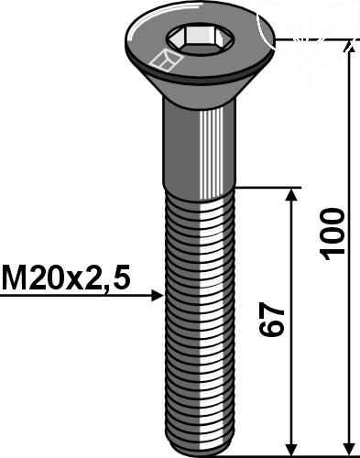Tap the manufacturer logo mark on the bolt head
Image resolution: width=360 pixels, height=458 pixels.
click(x=166, y=60)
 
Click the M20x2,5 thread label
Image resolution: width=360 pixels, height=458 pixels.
click(x=66, y=278)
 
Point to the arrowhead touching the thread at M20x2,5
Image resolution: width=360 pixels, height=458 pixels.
click(x=158, y=296)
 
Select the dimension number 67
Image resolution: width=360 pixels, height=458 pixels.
click(x=271, y=320)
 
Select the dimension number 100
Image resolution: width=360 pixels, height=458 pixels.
click(x=332, y=234)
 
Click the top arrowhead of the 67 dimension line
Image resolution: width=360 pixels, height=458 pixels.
click(x=292, y=194)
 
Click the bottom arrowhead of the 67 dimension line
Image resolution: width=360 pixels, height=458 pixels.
click(x=292, y=449)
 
